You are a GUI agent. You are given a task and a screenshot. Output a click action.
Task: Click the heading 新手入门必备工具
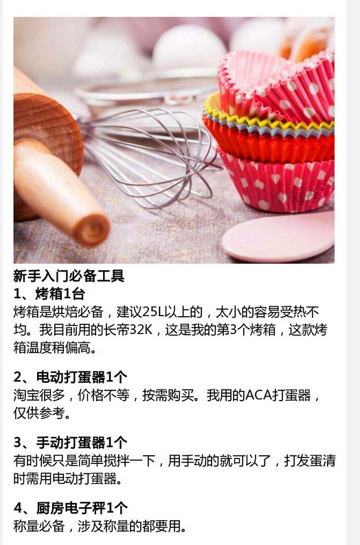pyautogui.click(x=69, y=276)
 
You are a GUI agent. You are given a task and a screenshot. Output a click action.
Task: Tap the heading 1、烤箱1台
pyautogui.click(x=49, y=294)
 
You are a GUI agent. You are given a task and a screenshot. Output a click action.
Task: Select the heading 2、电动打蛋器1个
pyautogui.click(x=71, y=377)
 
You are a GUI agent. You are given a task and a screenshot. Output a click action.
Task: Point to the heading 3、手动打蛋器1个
pyautogui.click(x=71, y=443)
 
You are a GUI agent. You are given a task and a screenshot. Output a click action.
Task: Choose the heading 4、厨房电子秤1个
pyautogui.click(x=71, y=508)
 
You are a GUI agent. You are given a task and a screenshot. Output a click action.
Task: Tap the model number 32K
pyautogui.click(x=141, y=329)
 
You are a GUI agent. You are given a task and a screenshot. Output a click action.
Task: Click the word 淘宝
pyautogui.click(x=26, y=395)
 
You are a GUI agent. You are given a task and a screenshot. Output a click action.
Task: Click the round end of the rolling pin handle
pyautogui.click(x=92, y=230)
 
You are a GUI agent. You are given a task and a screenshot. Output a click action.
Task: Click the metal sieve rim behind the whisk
pyautogui.click(x=146, y=89)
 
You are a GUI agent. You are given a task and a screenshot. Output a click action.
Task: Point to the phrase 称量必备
pyautogui.click(x=39, y=526)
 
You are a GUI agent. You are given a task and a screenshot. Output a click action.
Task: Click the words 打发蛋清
pyautogui.click(x=310, y=461)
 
